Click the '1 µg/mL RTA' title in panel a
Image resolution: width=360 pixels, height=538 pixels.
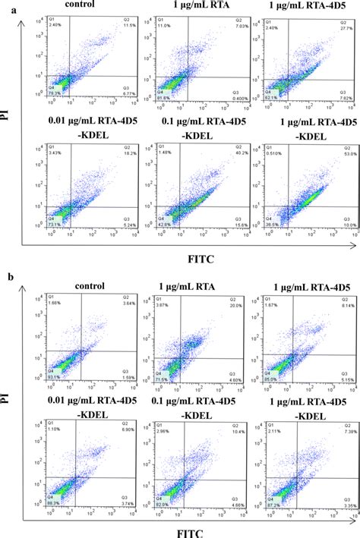(x=187, y=8)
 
